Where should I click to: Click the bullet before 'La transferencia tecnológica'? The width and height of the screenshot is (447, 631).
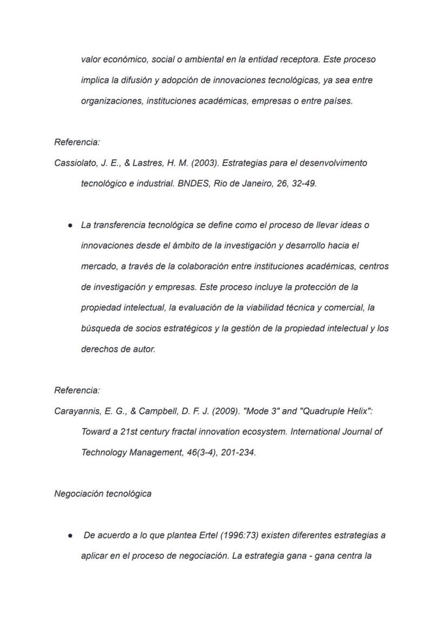[x=70, y=225]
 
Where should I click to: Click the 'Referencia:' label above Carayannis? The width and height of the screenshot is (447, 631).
[x=77, y=390]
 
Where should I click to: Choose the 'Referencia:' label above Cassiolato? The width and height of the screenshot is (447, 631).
[x=77, y=143]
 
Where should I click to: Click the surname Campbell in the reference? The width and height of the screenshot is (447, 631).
[x=159, y=411]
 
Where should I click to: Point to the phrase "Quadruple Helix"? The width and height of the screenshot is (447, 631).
[x=335, y=411]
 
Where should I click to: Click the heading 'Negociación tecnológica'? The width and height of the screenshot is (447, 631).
[x=103, y=494]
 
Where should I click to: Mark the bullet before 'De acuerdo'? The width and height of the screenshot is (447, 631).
[x=70, y=536]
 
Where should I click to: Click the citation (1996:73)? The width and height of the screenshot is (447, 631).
[x=221, y=535]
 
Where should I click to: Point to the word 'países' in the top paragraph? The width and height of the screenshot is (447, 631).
[x=338, y=101]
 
